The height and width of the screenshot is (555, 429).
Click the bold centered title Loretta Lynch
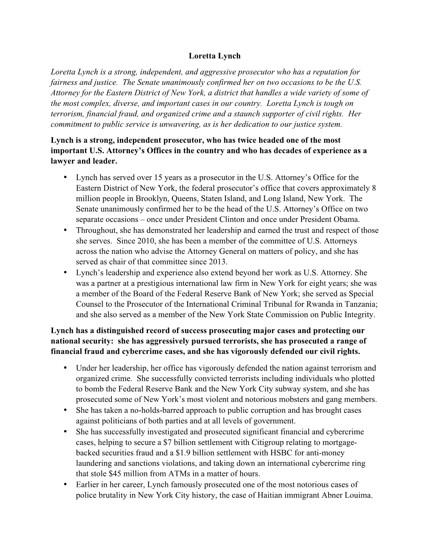click(214, 55)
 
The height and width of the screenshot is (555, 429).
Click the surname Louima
click(358, 495)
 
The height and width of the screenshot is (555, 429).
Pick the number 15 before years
click(158, 177)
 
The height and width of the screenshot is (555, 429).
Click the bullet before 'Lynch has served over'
click(66, 177)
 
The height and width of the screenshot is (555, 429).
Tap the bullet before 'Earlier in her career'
click(66, 484)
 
